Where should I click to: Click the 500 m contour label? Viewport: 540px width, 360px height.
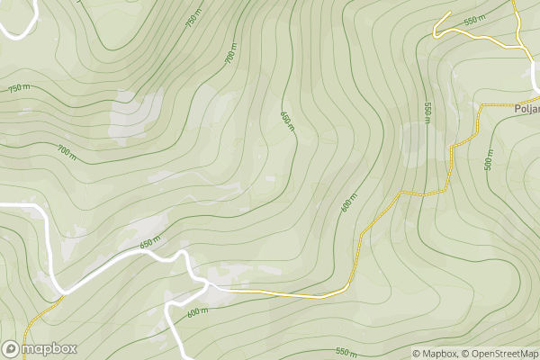(x=489, y=159)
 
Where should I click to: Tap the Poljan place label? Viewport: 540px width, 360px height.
(x=526, y=108)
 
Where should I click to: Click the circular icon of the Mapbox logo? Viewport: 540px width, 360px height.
(x=12, y=349)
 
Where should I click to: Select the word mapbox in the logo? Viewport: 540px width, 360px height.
(x=49, y=349)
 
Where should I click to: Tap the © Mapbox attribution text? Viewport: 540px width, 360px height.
(x=436, y=353)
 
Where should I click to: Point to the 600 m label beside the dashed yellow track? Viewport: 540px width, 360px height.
(x=349, y=202)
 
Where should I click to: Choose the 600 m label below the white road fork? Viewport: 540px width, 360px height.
(x=197, y=312)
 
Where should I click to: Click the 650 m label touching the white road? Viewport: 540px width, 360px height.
(x=149, y=243)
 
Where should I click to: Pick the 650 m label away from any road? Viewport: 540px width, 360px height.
(x=287, y=120)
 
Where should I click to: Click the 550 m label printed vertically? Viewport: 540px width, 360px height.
(x=427, y=112)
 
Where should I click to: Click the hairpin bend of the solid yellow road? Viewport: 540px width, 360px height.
(x=435, y=33)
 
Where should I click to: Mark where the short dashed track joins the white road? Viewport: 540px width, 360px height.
(x=63, y=295)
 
